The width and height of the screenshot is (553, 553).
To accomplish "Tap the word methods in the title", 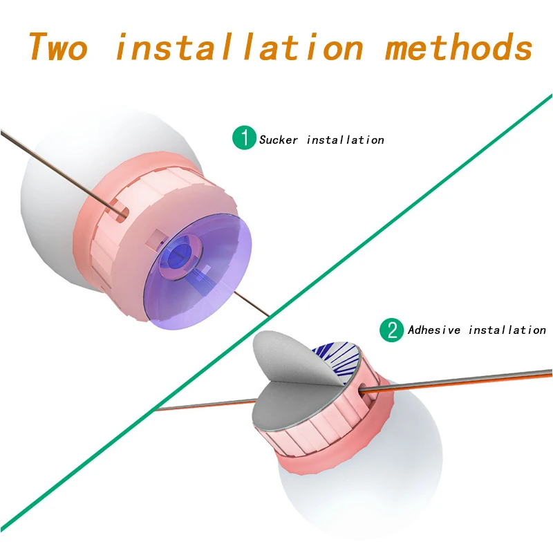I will (x=458, y=47).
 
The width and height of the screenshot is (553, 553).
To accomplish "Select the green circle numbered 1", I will (x=243, y=138).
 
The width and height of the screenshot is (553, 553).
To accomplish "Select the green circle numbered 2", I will (x=392, y=330).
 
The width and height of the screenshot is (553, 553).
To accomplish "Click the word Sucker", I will (x=279, y=140).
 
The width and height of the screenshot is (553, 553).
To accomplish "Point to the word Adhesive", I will (x=434, y=330).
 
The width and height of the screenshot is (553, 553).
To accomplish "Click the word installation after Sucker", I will (x=345, y=140).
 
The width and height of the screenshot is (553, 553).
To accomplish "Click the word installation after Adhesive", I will (x=507, y=330).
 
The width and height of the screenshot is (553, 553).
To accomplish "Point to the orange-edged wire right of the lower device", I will (x=470, y=382).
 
